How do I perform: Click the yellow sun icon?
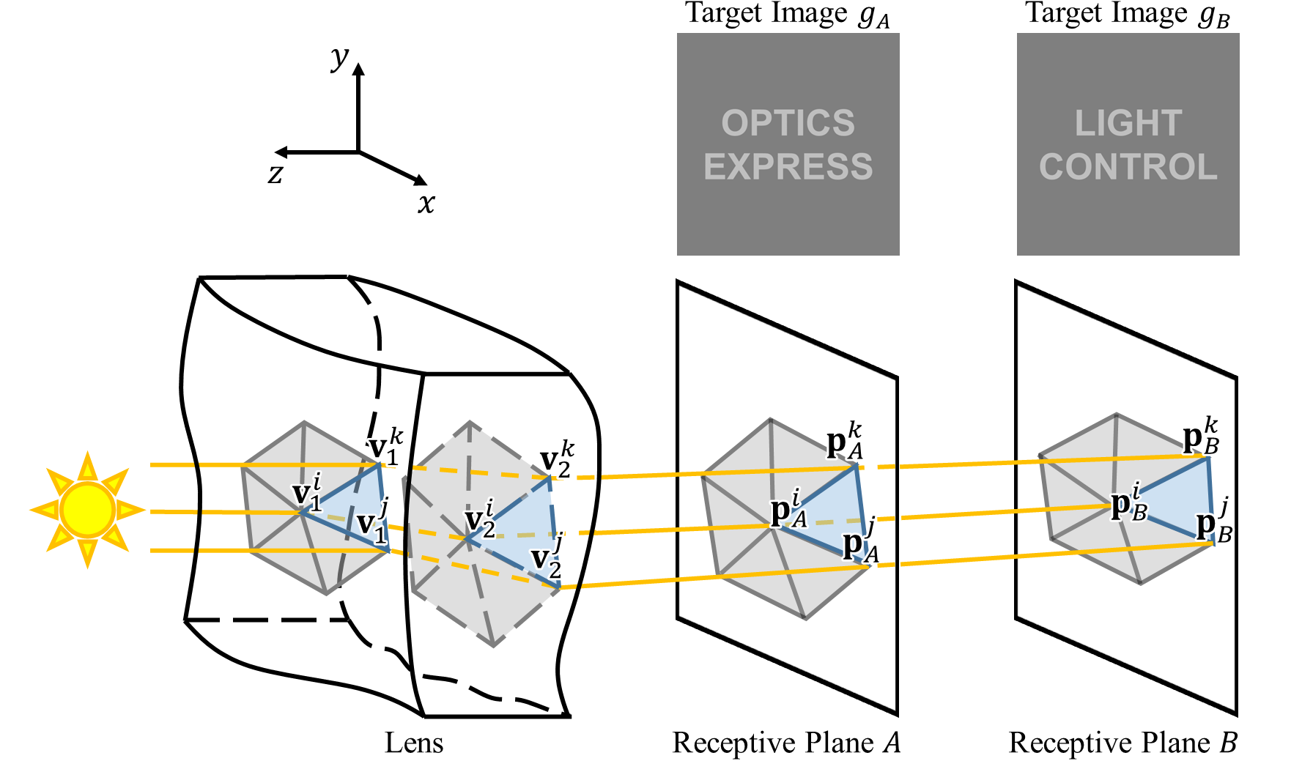point(87,510)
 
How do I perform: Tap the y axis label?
point(339,57)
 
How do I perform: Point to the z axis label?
point(275,174)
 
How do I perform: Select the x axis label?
point(426,203)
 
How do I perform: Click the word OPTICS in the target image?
point(788,123)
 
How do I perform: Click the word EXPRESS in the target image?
point(788,167)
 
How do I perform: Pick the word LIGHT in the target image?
point(1128,123)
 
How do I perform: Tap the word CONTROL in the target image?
point(1128,167)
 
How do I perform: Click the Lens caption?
point(414,743)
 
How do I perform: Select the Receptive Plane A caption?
point(786,743)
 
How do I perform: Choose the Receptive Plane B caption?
point(1122,743)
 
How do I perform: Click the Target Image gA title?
point(788,14)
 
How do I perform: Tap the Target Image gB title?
point(1127,14)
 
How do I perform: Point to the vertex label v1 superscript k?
point(385,447)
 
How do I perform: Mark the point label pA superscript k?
point(844,442)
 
